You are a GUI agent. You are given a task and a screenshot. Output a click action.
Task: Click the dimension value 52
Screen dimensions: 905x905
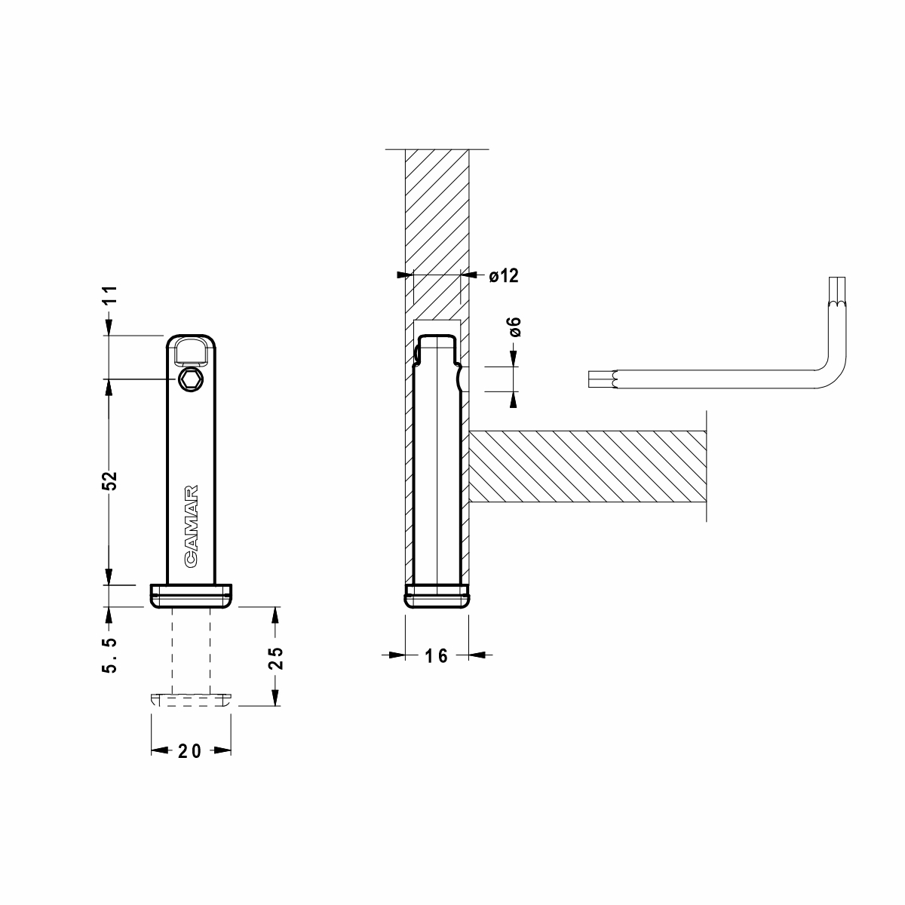coord(109,480)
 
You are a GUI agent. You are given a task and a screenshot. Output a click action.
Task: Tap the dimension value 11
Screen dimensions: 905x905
coord(109,295)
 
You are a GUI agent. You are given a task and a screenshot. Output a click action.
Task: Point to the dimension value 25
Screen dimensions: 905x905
coord(276,658)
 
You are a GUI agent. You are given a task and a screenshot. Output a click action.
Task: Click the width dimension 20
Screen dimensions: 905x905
coord(190,751)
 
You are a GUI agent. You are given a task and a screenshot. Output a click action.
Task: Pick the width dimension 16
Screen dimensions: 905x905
coord(437,656)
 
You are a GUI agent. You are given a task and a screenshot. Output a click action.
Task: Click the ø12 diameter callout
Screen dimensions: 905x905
coord(504,276)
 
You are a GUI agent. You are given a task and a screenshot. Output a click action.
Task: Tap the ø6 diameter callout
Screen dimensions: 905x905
coord(515,327)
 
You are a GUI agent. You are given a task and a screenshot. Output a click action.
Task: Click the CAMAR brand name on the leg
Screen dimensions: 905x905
coord(191,526)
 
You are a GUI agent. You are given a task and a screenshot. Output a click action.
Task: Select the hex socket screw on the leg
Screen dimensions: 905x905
coord(191,379)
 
